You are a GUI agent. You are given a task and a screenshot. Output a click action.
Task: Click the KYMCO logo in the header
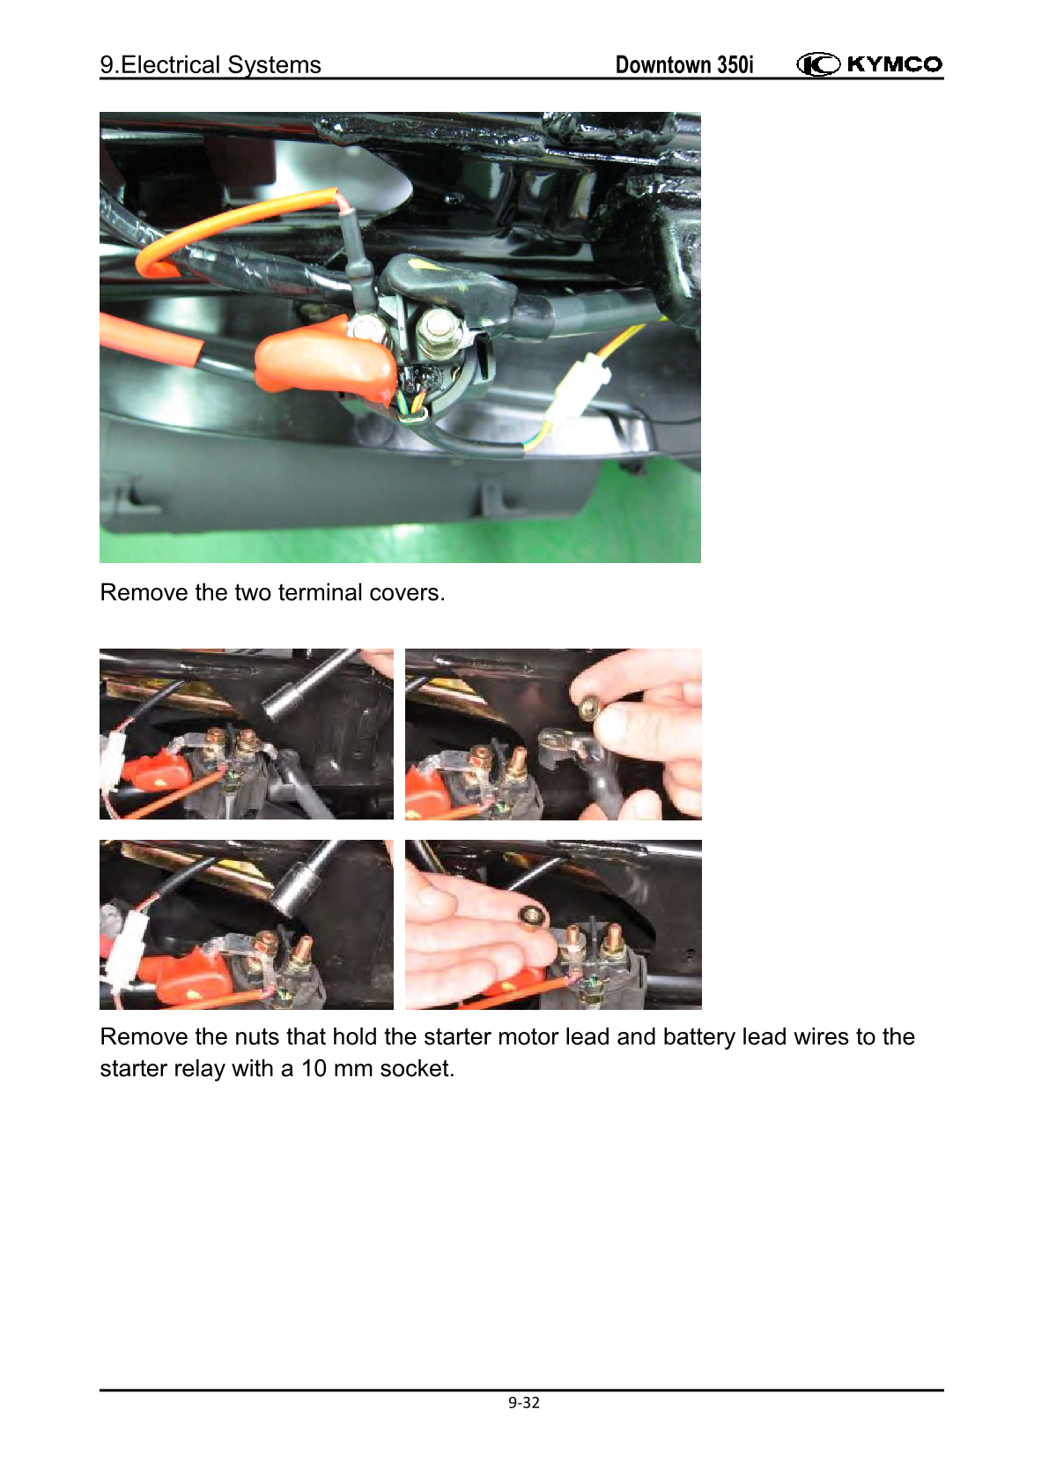[x=868, y=64]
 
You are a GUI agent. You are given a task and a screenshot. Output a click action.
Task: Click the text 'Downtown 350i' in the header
[x=684, y=65]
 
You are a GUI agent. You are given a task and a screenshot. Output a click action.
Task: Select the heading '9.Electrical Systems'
[x=210, y=65]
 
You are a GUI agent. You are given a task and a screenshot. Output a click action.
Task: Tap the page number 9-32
[x=524, y=1403]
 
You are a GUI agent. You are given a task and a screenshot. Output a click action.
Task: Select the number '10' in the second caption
[x=314, y=1069]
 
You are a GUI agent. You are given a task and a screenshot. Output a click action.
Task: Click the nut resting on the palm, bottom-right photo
[x=533, y=917]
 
